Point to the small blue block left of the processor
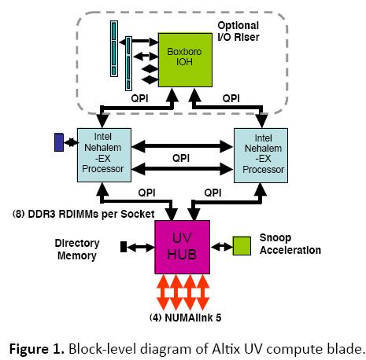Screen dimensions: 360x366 coord(58,142)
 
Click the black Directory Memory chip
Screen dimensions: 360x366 coord(123,247)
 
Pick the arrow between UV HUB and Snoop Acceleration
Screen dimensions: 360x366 coord(220,246)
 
